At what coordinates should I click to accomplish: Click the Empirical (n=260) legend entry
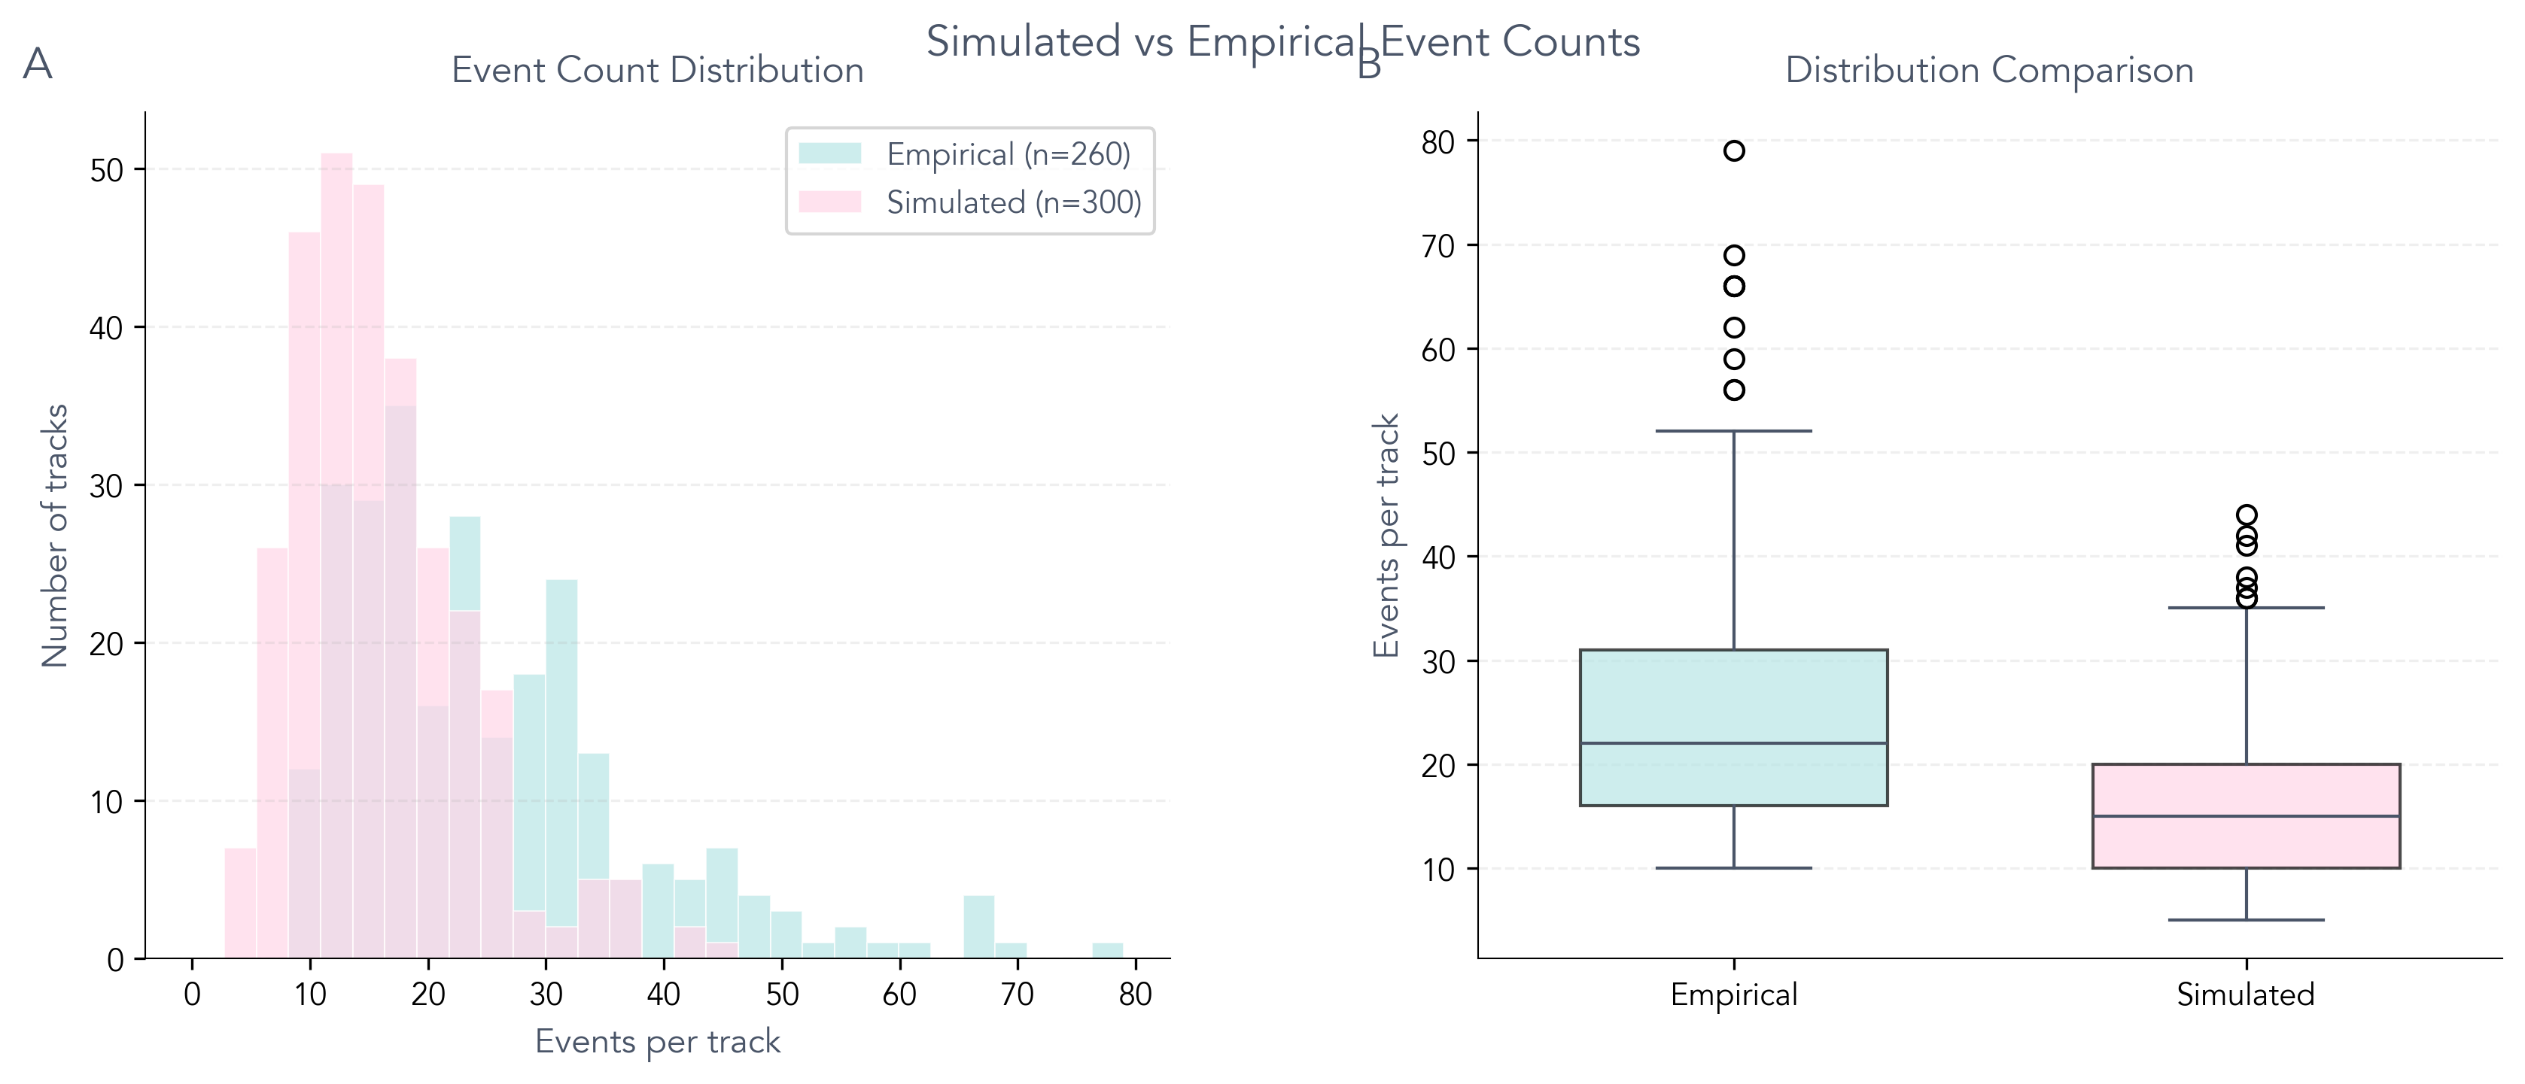1008,154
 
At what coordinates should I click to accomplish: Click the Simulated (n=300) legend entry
1014,203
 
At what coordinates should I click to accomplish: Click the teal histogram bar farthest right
1108,951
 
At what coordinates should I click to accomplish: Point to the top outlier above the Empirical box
1734,151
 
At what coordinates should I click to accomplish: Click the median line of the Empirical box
1734,743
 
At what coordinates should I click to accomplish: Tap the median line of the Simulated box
2246,816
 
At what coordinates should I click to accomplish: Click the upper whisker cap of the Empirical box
1734,431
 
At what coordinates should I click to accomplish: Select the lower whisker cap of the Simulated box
2246,920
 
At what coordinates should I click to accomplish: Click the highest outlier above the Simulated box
2247,515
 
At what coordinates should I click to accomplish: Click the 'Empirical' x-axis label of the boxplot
1734,994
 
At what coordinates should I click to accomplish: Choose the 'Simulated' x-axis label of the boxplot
2246,994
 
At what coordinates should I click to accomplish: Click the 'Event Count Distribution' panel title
657,71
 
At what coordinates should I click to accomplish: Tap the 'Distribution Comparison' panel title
1989,71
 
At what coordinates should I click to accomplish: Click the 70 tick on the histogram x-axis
1018,994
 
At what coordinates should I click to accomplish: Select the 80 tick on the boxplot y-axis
1438,142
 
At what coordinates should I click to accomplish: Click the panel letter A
37,65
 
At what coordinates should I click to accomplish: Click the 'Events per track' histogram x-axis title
657,1042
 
